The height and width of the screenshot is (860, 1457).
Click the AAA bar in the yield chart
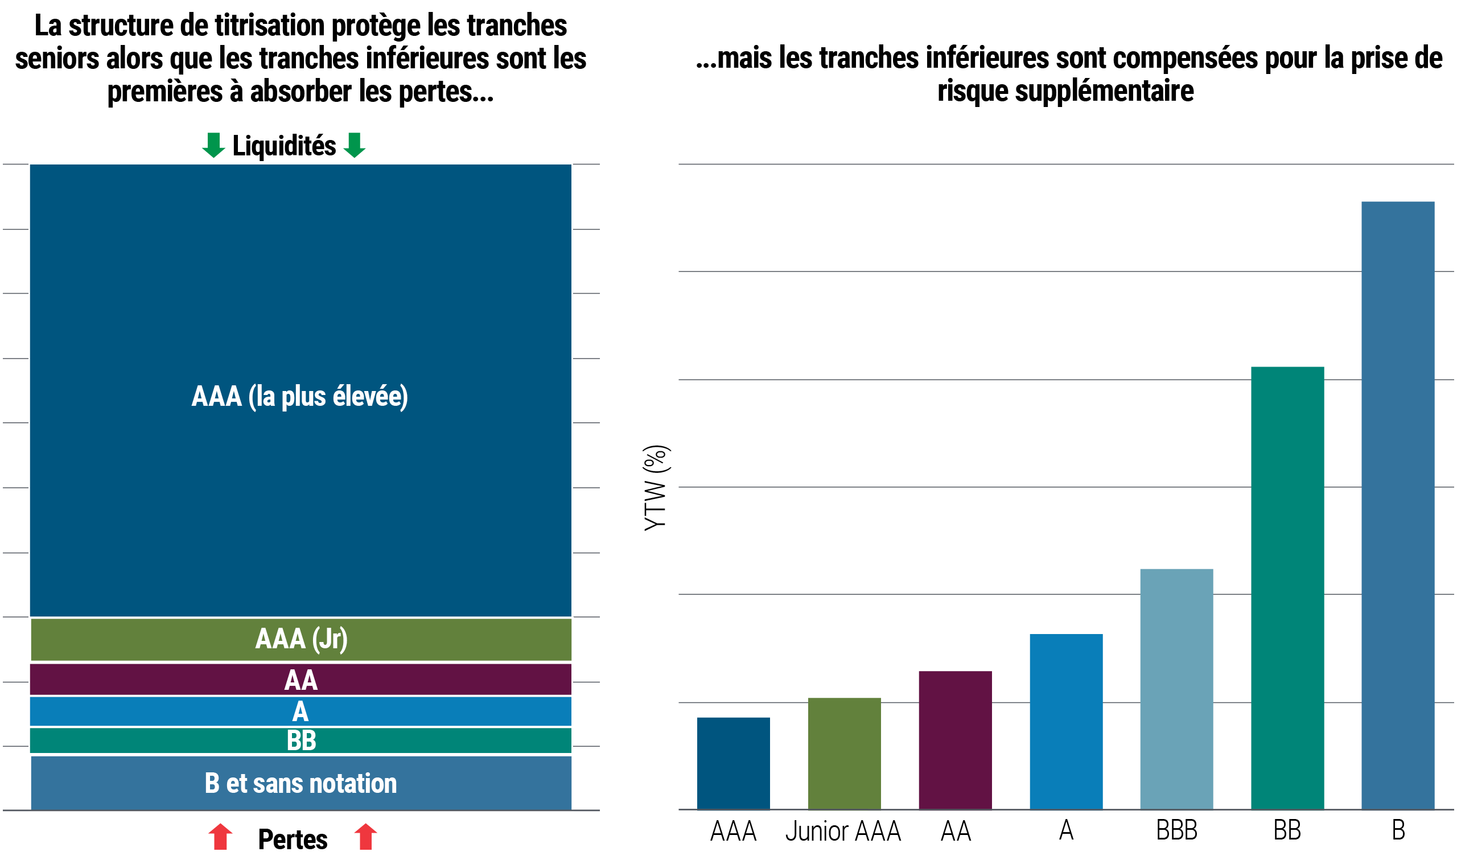click(x=734, y=763)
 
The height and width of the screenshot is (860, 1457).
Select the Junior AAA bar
click(x=845, y=754)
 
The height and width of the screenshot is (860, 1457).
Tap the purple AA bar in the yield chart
click(x=956, y=740)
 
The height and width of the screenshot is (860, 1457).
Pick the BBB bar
click(x=1176, y=689)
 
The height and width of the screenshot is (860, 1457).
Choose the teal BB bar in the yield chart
click(x=1287, y=587)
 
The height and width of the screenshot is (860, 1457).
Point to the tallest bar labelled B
click(x=1398, y=505)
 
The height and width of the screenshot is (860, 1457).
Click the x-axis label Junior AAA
click(x=843, y=832)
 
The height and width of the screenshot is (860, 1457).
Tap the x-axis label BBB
click(x=1176, y=830)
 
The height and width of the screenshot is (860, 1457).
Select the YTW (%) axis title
click(x=656, y=488)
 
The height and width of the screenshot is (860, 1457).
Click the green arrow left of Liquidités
click(x=213, y=145)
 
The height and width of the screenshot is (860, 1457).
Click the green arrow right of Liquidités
click(x=355, y=145)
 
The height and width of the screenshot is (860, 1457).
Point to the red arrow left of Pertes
click(x=220, y=837)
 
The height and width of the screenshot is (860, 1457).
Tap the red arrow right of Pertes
click(x=365, y=837)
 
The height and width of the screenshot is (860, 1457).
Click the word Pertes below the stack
click(x=293, y=840)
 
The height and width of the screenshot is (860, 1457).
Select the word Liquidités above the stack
click(x=284, y=146)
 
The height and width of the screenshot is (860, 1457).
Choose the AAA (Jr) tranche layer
click(x=301, y=639)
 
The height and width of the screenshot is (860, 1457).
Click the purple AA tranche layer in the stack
click(x=301, y=680)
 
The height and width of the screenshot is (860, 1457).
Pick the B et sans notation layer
click(x=301, y=783)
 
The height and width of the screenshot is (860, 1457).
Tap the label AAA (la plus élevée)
click(x=300, y=397)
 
